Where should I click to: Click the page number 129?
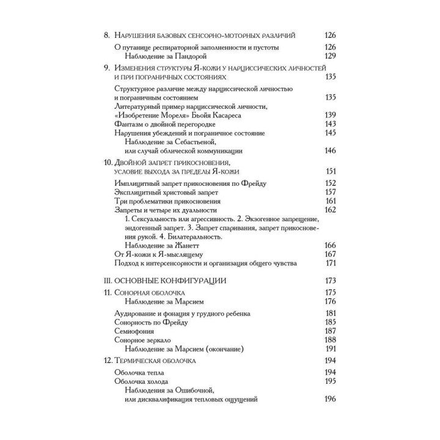pos(330,56)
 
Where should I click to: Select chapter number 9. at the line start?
pos(107,67)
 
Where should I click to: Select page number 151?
pos(330,171)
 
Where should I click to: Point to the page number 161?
pos(330,201)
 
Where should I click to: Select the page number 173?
pos(330,280)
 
